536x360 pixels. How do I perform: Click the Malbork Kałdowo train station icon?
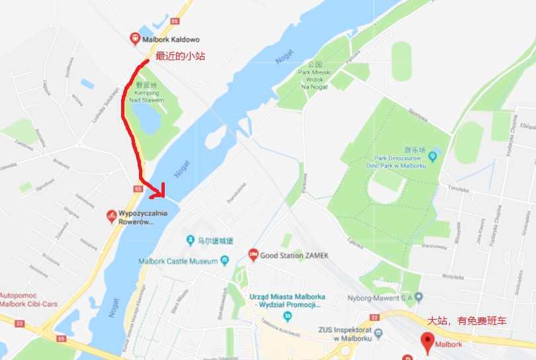(x=136, y=39)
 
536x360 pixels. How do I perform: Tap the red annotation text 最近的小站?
(x=180, y=56)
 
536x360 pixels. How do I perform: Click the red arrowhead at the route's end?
(x=159, y=193)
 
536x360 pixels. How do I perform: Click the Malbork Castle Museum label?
(x=178, y=261)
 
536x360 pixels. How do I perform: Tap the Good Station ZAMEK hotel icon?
(x=253, y=255)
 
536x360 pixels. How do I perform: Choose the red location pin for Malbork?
(x=427, y=341)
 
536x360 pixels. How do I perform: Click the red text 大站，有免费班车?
(x=467, y=321)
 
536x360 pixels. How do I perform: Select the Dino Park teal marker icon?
(x=433, y=157)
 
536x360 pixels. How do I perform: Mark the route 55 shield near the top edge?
(x=175, y=21)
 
